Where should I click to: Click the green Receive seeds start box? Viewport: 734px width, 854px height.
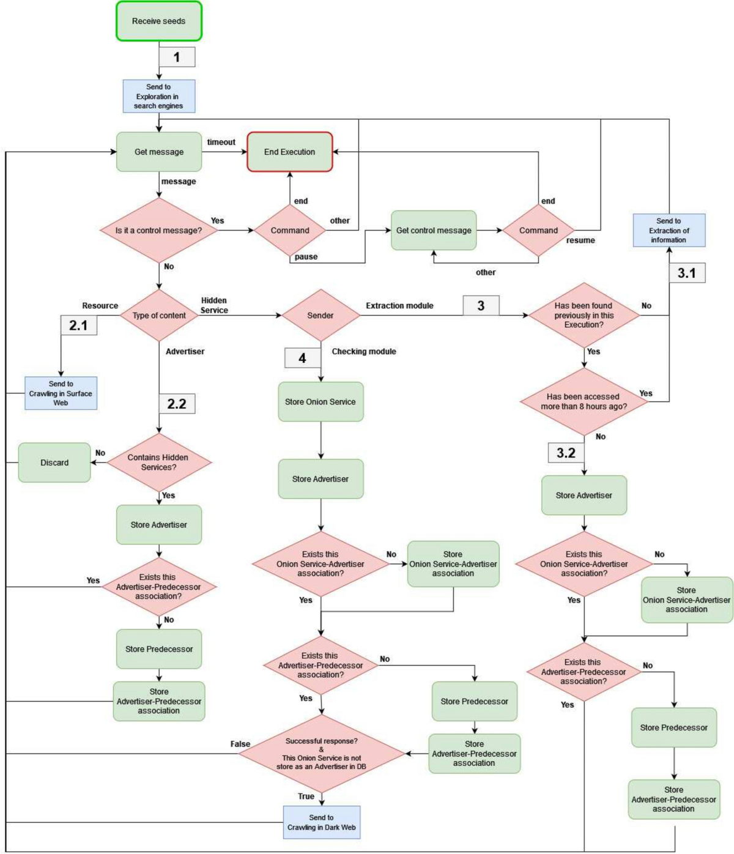[x=159, y=21]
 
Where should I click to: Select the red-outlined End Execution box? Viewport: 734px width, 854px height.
[x=289, y=152]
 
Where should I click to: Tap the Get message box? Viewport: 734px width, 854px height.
[x=159, y=152]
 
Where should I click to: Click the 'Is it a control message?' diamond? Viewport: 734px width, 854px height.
[x=159, y=231]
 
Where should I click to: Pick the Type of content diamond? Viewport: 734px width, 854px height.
[x=159, y=316]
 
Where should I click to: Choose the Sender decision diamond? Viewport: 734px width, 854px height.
[x=321, y=316]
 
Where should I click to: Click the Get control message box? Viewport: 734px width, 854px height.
[x=434, y=231]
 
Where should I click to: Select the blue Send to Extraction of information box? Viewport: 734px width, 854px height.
[x=669, y=231]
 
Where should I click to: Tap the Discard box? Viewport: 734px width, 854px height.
[x=54, y=462]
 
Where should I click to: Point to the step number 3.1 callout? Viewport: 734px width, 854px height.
[x=687, y=273]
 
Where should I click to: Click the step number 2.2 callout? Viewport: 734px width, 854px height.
[x=177, y=404]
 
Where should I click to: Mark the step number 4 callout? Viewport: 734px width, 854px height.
[x=302, y=358]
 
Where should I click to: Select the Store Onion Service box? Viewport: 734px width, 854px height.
[x=321, y=402]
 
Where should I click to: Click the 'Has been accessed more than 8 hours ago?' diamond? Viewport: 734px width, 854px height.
[x=584, y=401]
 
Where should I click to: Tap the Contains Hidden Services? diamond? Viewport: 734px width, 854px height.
[x=158, y=462]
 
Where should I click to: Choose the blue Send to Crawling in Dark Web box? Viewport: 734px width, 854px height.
[x=322, y=822]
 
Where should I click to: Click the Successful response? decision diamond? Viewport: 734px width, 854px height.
[x=322, y=754]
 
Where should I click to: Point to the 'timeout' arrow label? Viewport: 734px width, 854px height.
[x=221, y=142]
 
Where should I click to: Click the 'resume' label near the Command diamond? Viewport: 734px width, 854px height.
[x=580, y=240]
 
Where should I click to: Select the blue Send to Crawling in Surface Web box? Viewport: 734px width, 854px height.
[x=61, y=393]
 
